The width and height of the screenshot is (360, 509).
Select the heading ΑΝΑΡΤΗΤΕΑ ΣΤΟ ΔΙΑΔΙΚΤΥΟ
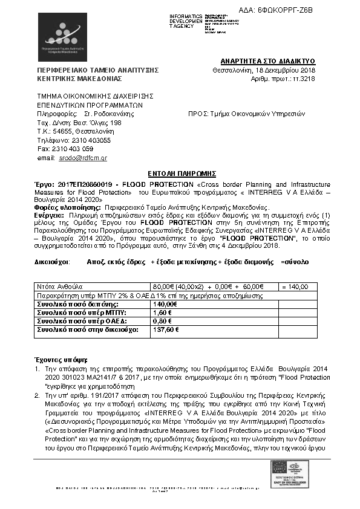point(268,62)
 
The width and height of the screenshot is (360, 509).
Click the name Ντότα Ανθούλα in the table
point(59,287)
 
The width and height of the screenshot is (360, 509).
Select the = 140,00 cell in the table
point(295,287)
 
